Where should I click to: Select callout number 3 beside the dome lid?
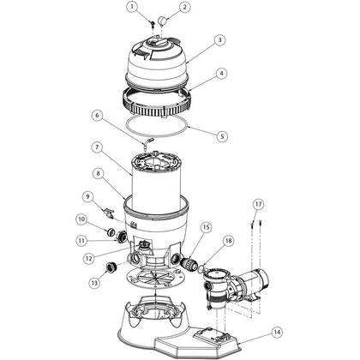click(x=219, y=40)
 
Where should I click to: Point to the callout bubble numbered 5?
click(x=222, y=136)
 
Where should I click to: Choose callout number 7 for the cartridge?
click(x=97, y=147)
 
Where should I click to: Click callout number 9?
click(x=87, y=196)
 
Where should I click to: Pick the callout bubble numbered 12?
click(x=89, y=259)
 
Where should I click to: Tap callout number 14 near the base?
click(x=277, y=333)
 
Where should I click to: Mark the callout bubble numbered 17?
click(x=258, y=204)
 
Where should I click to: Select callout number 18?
click(x=229, y=241)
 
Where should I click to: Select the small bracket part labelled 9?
click(x=109, y=213)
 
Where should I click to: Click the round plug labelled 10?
click(x=111, y=232)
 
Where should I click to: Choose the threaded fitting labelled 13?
click(x=111, y=267)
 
